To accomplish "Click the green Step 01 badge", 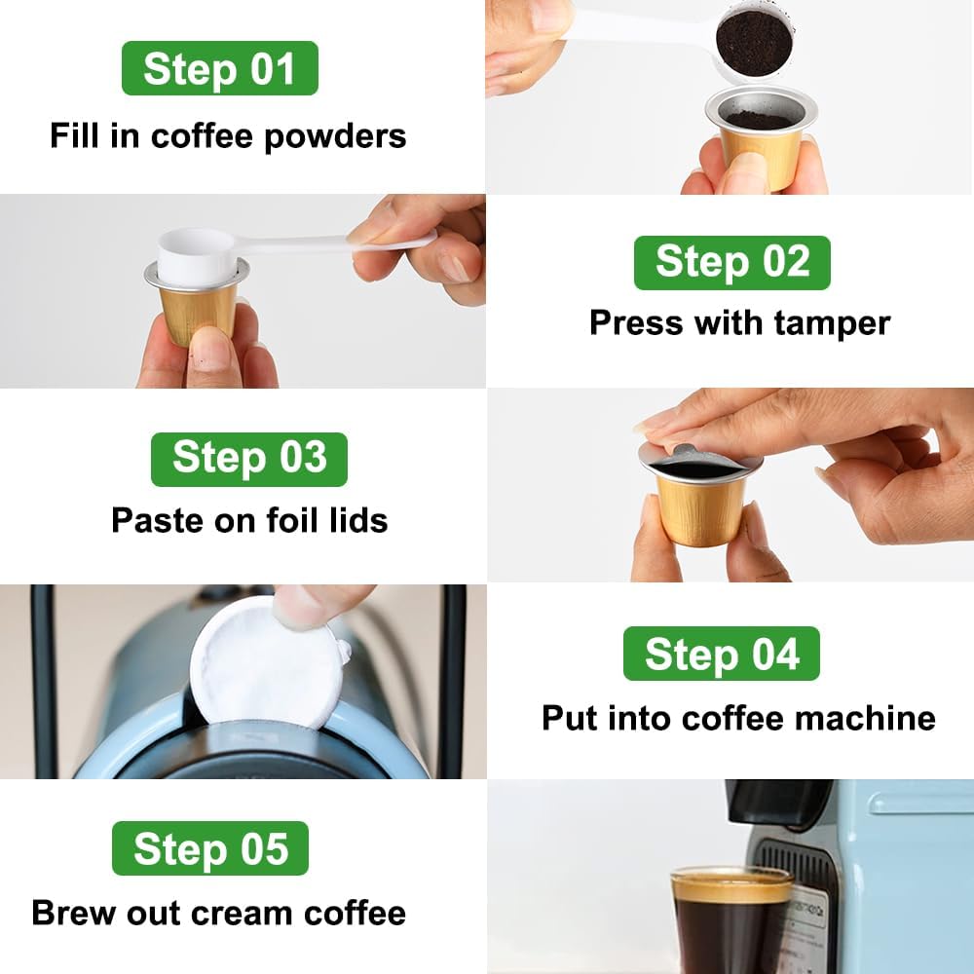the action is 220,68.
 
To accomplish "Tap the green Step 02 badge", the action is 731,263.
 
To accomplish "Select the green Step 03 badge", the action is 249,460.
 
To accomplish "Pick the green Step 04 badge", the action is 721,654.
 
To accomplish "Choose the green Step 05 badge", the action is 210,848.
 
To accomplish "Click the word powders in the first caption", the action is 335,137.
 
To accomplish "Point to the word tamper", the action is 832,323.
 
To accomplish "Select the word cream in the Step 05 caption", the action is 242,914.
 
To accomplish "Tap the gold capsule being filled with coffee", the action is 761,136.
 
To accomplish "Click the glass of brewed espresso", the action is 731,919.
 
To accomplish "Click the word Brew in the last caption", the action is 74,914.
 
